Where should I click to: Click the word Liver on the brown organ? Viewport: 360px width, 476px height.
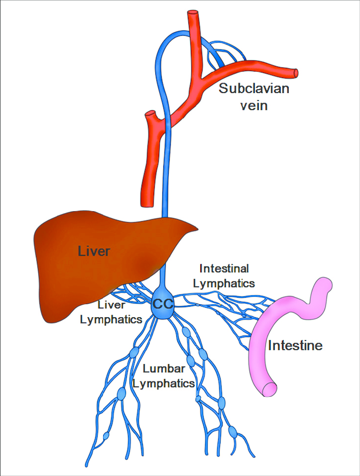[94, 250]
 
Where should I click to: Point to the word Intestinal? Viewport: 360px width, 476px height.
[224, 268]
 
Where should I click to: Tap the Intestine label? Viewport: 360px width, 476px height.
[295, 345]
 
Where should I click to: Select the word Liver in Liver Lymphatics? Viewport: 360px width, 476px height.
[111, 304]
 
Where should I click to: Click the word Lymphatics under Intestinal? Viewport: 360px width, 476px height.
[224, 283]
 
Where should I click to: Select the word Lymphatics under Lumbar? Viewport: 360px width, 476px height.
[168, 383]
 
